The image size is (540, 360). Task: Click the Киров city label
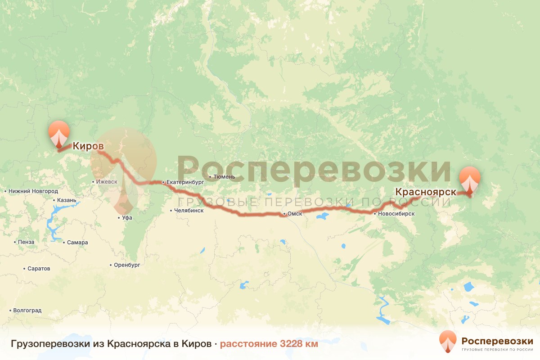pyautogui.click(x=88, y=146)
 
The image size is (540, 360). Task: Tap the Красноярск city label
pyautogui.click(x=426, y=192)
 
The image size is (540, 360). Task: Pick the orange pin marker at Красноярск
pyautogui.click(x=469, y=180)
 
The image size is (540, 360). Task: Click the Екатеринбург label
pyautogui.click(x=185, y=182)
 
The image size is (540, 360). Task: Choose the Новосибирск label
pyautogui.click(x=396, y=214)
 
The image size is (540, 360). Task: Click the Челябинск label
pyautogui.click(x=192, y=210)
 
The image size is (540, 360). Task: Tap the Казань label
pyautogui.click(x=67, y=200)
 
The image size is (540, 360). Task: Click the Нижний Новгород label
pyautogui.click(x=33, y=191)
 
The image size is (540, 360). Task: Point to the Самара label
pyautogui.click(x=77, y=243)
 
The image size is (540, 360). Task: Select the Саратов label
pyautogui.click(x=39, y=269)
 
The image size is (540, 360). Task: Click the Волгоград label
pyautogui.click(x=27, y=310)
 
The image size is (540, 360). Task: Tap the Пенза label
pyautogui.click(x=27, y=242)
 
